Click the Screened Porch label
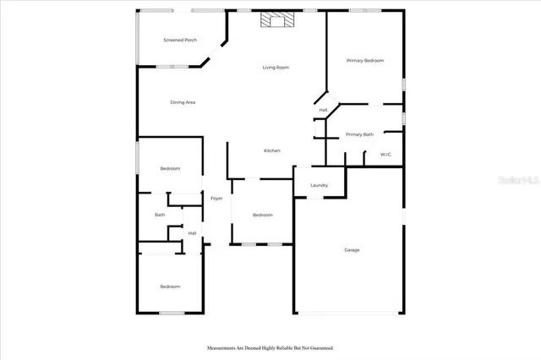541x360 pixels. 180,40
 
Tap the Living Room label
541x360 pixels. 276,67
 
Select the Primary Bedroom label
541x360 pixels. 365,61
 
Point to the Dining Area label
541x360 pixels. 183,102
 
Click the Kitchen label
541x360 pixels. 272,150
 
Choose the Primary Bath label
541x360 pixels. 359,134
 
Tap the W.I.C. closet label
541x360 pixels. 385,154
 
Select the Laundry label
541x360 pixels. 319,185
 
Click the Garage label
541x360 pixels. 352,249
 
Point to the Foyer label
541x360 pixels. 216,198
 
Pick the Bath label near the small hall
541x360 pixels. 160,215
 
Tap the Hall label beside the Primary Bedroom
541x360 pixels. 323,110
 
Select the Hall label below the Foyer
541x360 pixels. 192,232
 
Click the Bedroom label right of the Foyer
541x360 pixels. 263,215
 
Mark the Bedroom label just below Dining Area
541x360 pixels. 170,168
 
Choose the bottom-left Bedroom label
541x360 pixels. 170,286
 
